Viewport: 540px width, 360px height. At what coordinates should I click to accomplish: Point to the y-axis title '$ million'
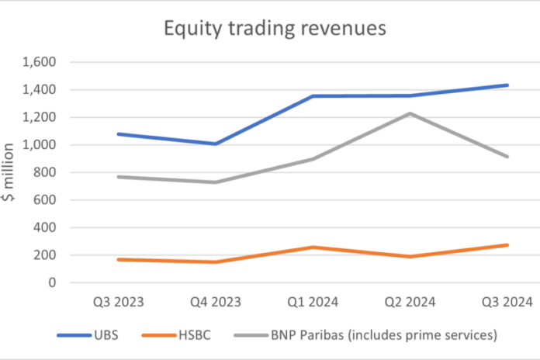pyautogui.click(x=10, y=171)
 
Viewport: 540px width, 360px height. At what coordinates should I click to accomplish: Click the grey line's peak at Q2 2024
pyautogui.click(x=409, y=113)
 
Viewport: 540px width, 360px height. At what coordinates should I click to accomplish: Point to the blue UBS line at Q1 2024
pyautogui.click(x=312, y=96)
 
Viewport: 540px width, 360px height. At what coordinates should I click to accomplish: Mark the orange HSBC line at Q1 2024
pyautogui.click(x=312, y=247)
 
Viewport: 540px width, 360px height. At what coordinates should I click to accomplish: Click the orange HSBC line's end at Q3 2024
pyautogui.click(x=507, y=245)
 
